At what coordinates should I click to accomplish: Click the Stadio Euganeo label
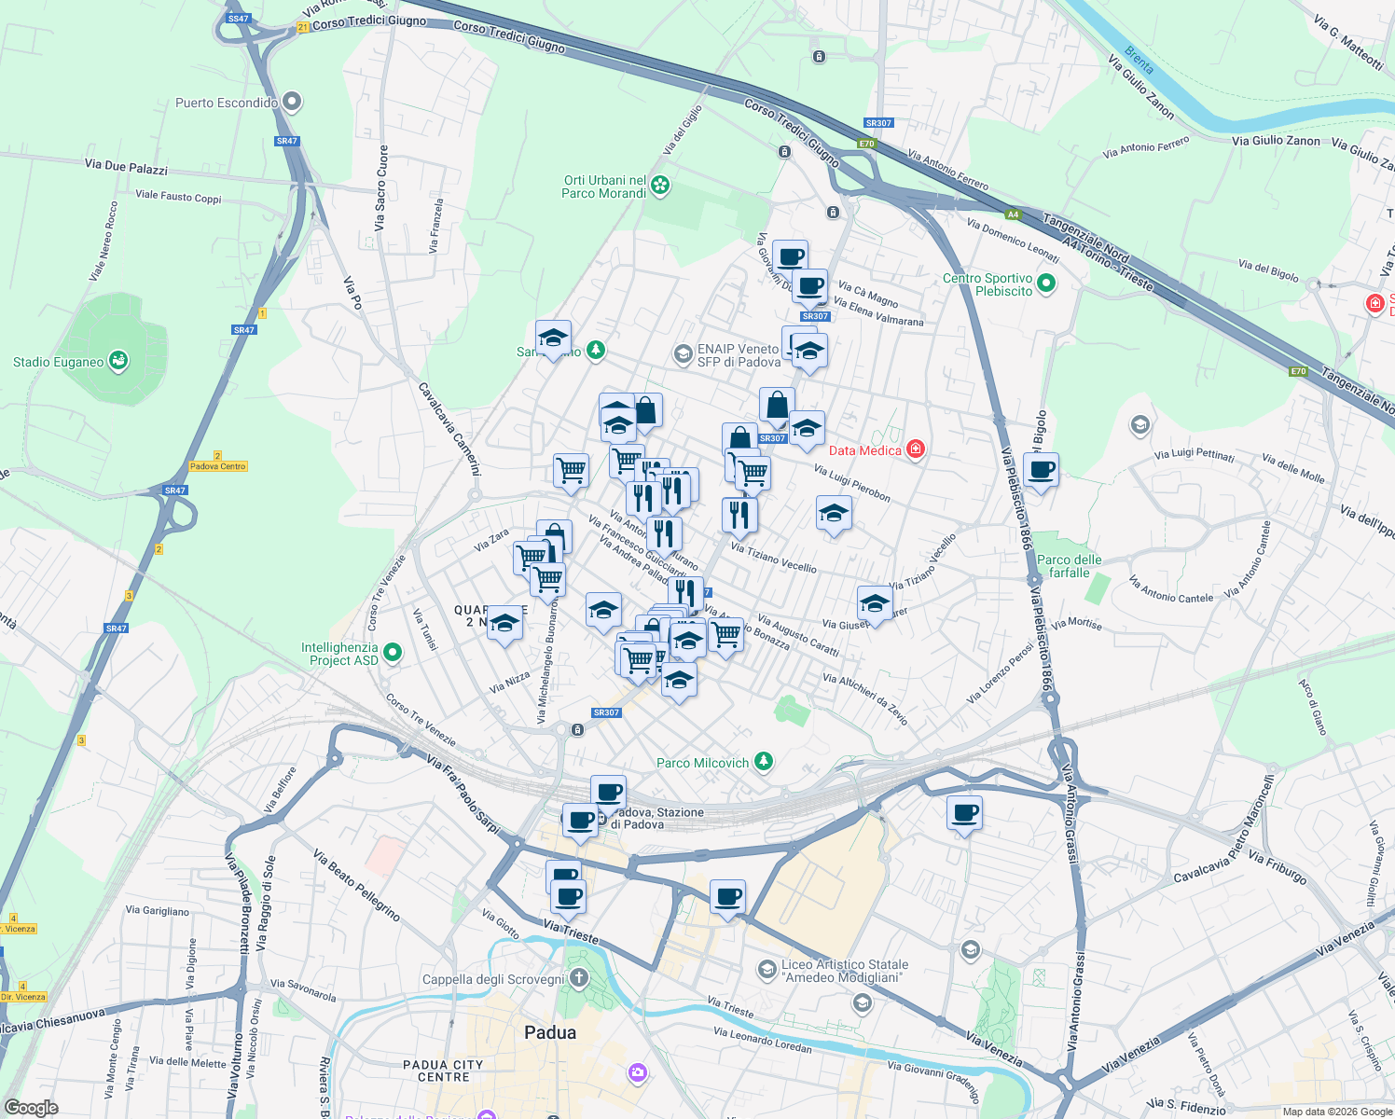[58, 362]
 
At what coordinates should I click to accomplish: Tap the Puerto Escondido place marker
[293, 102]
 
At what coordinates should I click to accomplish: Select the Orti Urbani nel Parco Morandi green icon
[660, 186]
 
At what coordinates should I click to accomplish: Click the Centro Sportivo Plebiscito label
[988, 284]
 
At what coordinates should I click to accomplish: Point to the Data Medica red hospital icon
[916, 449]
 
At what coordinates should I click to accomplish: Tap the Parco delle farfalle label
[1069, 566]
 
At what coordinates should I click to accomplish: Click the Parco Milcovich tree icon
[764, 762]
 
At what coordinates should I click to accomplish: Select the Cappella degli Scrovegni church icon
[578, 978]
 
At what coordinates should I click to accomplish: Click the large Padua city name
[550, 1032]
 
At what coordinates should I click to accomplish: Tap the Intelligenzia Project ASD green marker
[393, 653]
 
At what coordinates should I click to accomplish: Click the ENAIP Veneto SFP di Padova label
[739, 355]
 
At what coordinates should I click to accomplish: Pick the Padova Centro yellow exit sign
[217, 466]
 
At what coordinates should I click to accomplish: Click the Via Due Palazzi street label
[126, 167]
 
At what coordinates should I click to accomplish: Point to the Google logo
[31, 1108]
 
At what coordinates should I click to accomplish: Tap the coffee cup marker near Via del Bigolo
[1041, 470]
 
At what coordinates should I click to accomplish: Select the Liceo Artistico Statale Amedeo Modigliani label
[845, 971]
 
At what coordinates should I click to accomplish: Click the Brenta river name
[1139, 61]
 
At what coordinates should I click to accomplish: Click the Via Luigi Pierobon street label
[851, 483]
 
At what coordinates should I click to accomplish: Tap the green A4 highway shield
[1013, 214]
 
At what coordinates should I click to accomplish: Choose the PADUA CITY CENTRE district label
[443, 1071]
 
